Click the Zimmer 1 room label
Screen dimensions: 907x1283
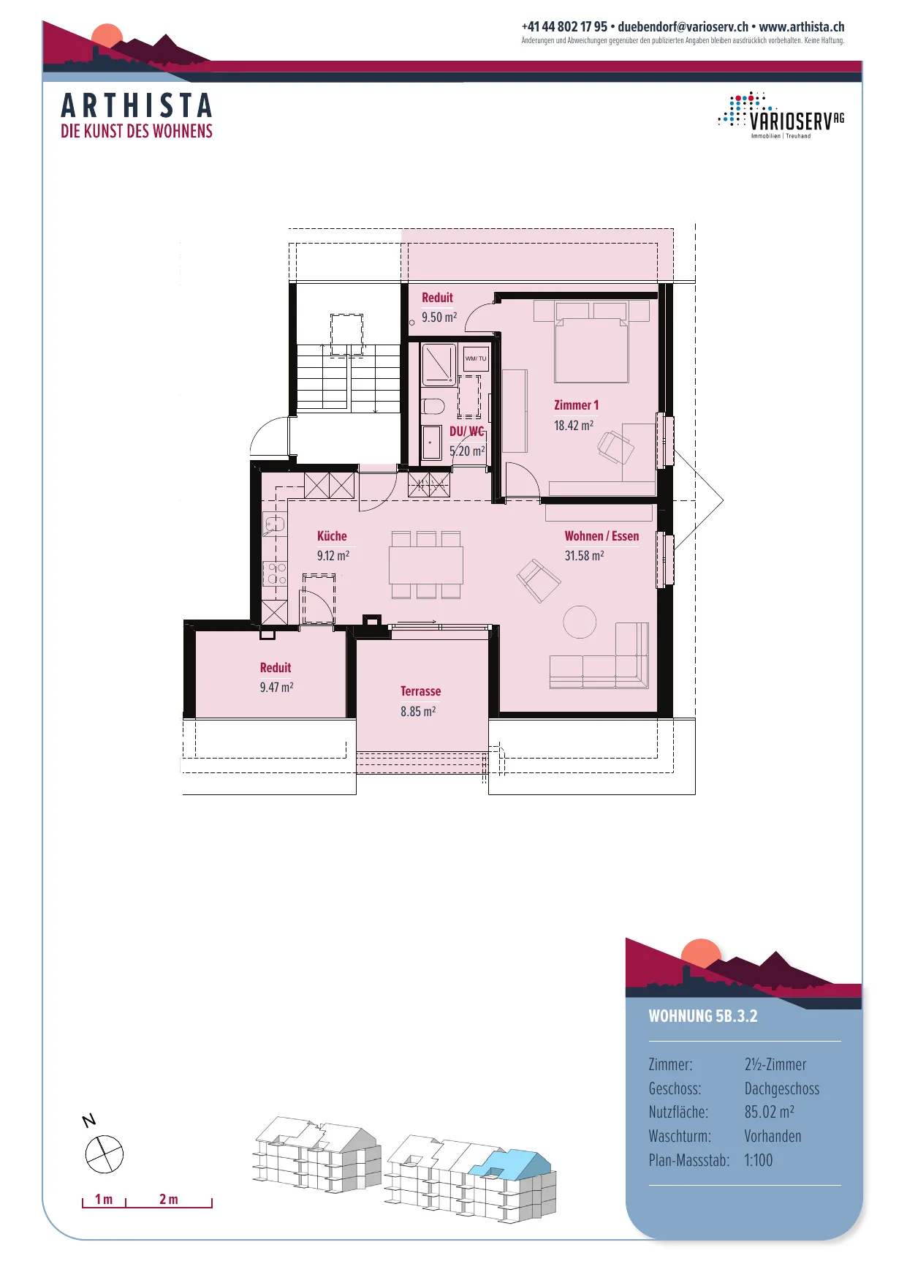pos(576,405)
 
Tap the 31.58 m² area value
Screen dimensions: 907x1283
pos(584,556)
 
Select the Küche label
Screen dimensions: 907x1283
pos(332,536)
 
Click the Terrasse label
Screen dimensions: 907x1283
pos(420,691)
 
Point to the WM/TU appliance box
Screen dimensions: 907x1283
pos(476,358)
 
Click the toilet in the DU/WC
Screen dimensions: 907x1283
pos(433,406)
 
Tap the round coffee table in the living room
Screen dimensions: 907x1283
pos(580,622)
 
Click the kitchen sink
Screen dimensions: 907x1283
pos(275,524)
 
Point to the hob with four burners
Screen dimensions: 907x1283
pos(275,573)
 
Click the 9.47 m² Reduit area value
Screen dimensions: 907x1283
pos(276,688)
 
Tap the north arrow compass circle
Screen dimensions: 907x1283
pos(105,1154)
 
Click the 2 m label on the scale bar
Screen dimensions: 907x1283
pos(169,1200)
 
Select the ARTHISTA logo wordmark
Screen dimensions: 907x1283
pos(137,105)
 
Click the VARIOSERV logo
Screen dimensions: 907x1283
pos(781,116)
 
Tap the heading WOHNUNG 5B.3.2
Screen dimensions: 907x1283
pos(703,1016)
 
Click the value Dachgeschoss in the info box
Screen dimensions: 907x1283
pos(782,1088)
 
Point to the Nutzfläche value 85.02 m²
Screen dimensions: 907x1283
pos(770,1112)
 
